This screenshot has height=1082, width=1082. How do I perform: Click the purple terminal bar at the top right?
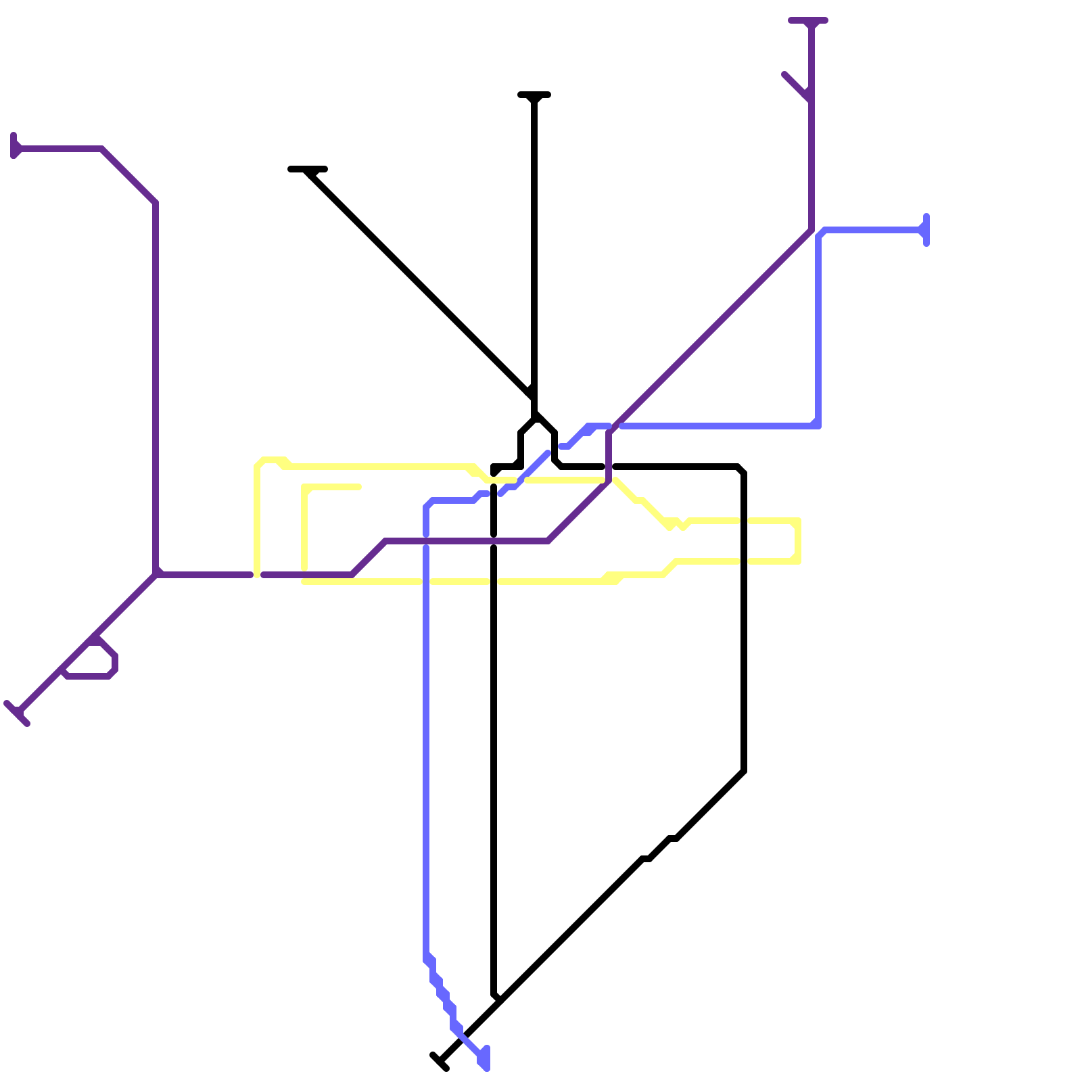click(x=808, y=21)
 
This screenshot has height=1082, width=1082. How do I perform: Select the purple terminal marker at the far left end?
click(x=14, y=146)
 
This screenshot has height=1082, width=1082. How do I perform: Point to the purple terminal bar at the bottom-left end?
click(x=16, y=713)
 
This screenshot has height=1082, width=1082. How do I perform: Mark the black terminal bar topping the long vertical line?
click(x=534, y=95)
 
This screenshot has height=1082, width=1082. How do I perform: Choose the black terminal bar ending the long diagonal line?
click(x=308, y=169)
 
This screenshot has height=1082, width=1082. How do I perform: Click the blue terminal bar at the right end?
click(x=926, y=230)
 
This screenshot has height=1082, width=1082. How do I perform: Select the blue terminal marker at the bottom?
click(x=485, y=1058)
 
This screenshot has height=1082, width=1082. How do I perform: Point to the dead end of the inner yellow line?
click(x=358, y=487)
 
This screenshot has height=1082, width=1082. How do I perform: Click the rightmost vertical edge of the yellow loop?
click(x=799, y=541)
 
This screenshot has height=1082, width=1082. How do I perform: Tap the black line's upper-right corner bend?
click(x=742, y=469)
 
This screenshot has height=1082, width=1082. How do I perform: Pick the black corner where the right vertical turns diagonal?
click(x=744, y=771)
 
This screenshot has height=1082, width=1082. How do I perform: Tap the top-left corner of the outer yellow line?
click(x=259, y=463)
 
